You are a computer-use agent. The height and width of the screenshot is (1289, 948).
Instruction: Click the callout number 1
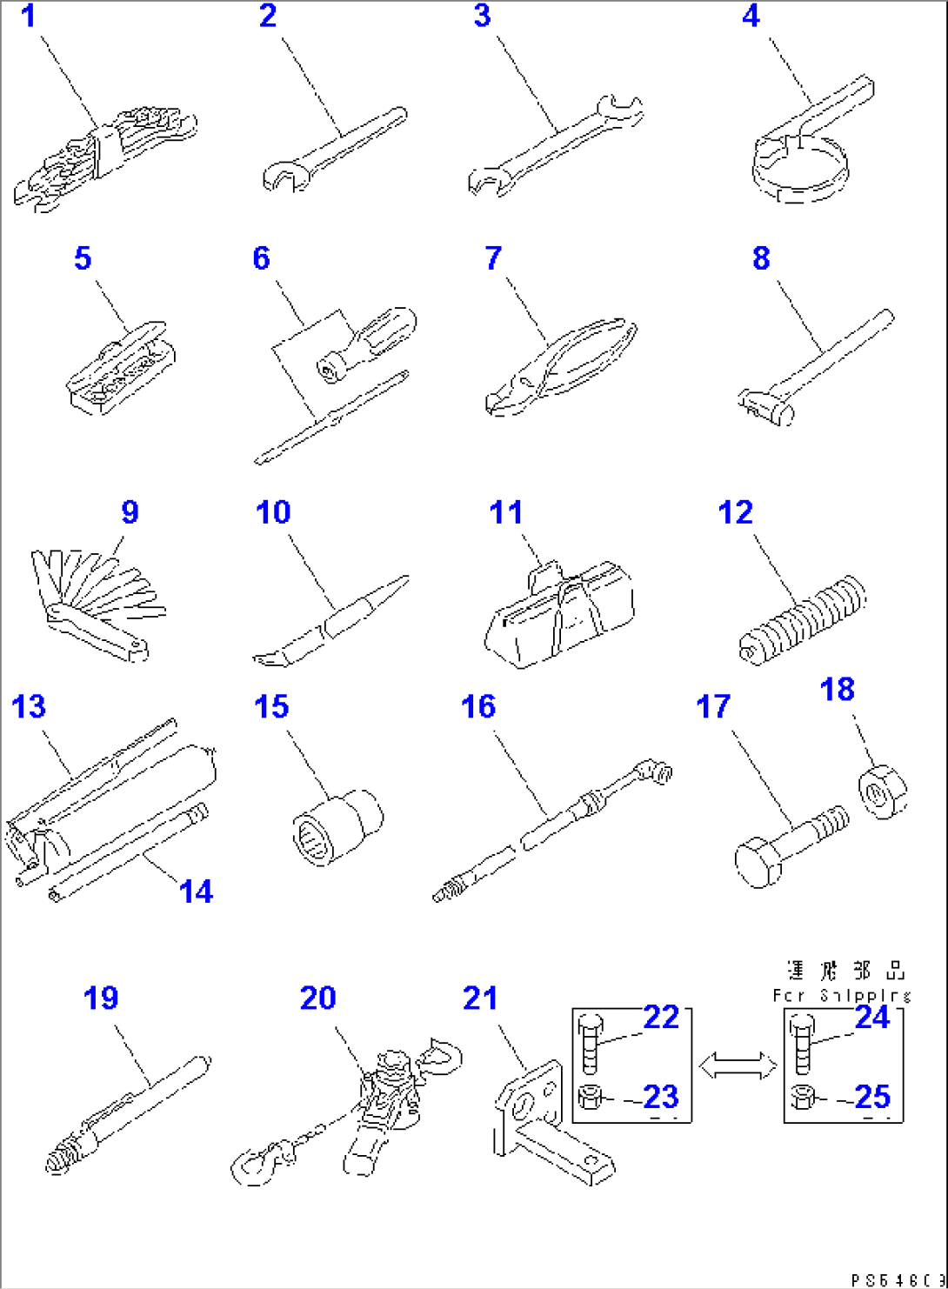point(29,16)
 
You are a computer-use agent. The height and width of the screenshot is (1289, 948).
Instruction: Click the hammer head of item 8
point(765,406)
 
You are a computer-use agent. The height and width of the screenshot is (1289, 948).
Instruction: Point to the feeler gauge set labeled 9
point(96,600)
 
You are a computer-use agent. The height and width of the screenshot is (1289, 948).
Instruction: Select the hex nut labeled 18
point(882,791)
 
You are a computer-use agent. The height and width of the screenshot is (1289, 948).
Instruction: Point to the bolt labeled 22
point(590,1044)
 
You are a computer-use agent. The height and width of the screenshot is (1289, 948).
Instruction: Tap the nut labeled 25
point(802,1098)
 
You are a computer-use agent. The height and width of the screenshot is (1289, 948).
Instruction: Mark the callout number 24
point(872,1017)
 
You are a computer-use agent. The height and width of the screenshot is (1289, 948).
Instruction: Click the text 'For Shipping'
point(841,995)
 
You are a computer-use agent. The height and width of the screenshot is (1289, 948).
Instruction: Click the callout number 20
point(317,998)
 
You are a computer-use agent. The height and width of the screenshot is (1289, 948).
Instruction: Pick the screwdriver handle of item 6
point(383,334)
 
